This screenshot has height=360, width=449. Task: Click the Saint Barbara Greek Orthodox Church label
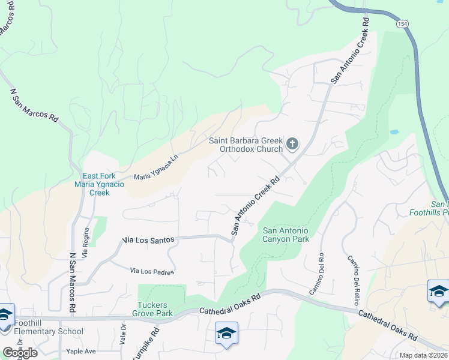point(246,145)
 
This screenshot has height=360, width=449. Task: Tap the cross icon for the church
point(292,143)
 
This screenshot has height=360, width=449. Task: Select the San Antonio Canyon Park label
point(286,235)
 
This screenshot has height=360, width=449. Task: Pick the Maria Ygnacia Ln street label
point(156,169)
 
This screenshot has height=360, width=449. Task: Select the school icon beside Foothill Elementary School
point(5,315)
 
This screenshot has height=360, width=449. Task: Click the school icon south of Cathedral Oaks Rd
point(226,333)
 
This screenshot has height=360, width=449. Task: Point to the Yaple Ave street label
point(82,351)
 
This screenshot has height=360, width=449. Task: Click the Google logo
point(20,353)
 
